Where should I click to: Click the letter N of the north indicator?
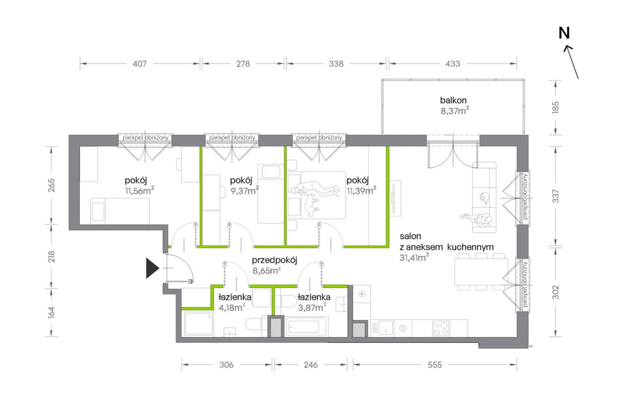[564, 33]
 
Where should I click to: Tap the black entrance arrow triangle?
[153, 268]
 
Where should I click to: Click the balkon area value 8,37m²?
[455, 111]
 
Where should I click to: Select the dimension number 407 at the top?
[139, 64]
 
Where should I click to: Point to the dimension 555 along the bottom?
[434, 365]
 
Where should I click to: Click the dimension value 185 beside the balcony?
[555, 107]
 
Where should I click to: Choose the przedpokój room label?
[275, 260]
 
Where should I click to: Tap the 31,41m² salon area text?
[414, 257]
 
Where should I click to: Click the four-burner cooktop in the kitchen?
[441, 328]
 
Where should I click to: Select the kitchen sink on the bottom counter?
[385, 328]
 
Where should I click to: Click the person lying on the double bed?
[315, 189]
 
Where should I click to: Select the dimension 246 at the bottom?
[311, 365]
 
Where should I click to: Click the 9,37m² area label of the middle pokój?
[244, 191]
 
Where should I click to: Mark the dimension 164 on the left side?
[52, 313]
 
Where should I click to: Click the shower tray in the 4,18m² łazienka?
[199, 324]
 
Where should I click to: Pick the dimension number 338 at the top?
[336, 64]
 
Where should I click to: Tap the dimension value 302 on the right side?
[555, 292]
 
